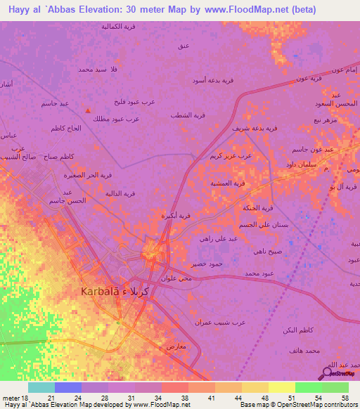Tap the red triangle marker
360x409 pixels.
click(87, 110)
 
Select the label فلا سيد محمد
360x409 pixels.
click(96, 70)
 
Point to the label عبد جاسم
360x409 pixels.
click(55, 103)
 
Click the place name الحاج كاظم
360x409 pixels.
click(66, 129)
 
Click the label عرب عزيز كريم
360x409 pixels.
click(231, 155)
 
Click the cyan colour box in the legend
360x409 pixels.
click(41, 387)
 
